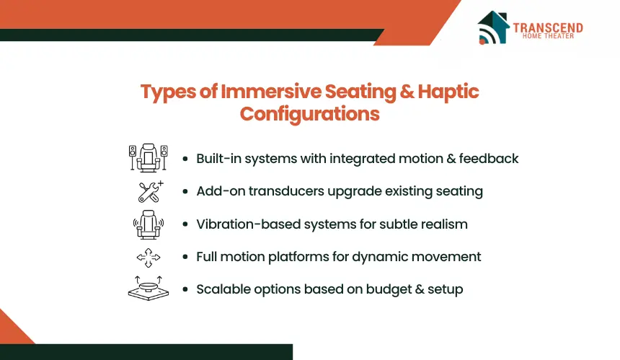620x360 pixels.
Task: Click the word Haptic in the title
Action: tap(448, 92)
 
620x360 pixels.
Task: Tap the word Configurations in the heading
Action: tap(309, 114)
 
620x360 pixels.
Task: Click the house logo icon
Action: tap(493, 27)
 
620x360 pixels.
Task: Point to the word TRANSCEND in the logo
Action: tap(548, 27)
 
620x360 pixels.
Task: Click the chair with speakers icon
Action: tap(149, 157)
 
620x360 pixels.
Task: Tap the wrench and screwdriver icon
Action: tap(150, 191)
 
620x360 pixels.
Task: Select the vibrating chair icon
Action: tap(149, 224)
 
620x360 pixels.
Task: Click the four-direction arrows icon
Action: tap(149, 258)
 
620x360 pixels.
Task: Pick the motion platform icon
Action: tap(149, 289)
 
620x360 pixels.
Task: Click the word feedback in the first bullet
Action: tap(489, 159)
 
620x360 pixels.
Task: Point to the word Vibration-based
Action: tap(249, 224)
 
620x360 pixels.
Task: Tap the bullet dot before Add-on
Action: tap(185, 192)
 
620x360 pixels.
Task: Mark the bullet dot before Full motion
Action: tap(185, 257)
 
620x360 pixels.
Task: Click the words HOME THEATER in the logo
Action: tap(548, 36)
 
